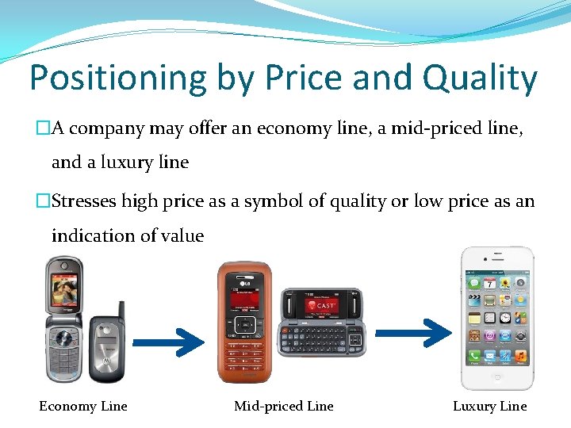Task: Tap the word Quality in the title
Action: coord(480,78)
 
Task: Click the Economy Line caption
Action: coord(83,406)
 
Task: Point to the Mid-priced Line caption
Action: coord(284,406)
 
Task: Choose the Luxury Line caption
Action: coord(489,406)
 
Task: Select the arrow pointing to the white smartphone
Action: coord(412,334)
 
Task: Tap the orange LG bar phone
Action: coord(244,321)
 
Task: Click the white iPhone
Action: coord(497,317)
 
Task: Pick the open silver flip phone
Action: coord(64,321)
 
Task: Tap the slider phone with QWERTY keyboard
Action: coord(321,321)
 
